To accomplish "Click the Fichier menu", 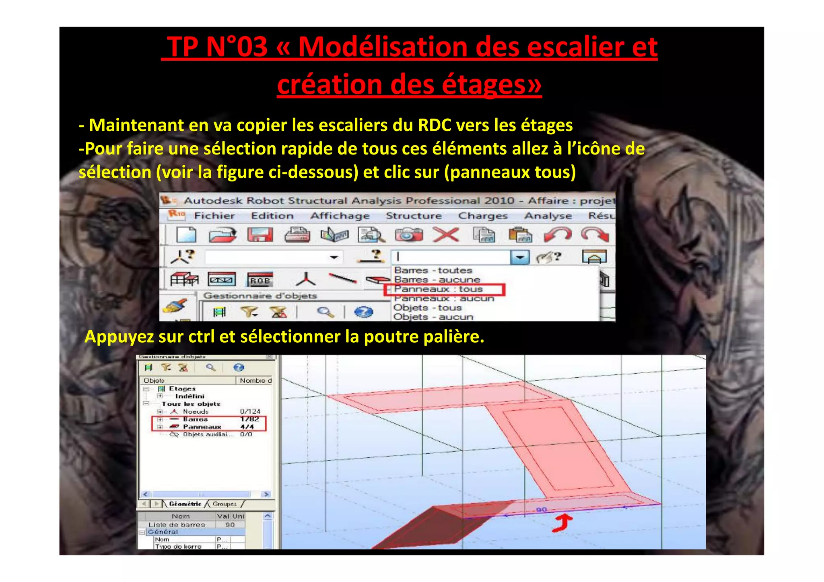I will click(x=214, y=216).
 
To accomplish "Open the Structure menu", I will click(x=413, y=216).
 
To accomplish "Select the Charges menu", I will click(x=482, y=216).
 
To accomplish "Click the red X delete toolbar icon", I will click(x=446, y=235).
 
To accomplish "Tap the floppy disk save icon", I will click(x=260, y=235).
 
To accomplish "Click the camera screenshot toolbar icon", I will click(x=408, y=235).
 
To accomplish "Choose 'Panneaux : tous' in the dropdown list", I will click(x=438, y=289).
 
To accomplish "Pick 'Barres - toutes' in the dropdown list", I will click(x=433, y=270).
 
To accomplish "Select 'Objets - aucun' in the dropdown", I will click(x=433, y=317).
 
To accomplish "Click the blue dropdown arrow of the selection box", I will click(x=520, y=257).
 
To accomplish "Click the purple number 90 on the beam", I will click(x=542, y=510).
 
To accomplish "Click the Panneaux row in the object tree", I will click(x=202, y=427).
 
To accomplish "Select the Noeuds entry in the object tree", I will click(x=196, y=411).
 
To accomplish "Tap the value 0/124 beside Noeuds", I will click(x=250, y=411).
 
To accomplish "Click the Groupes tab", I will click(x=225, y=504).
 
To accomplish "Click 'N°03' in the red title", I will click(x=236, y=47).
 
